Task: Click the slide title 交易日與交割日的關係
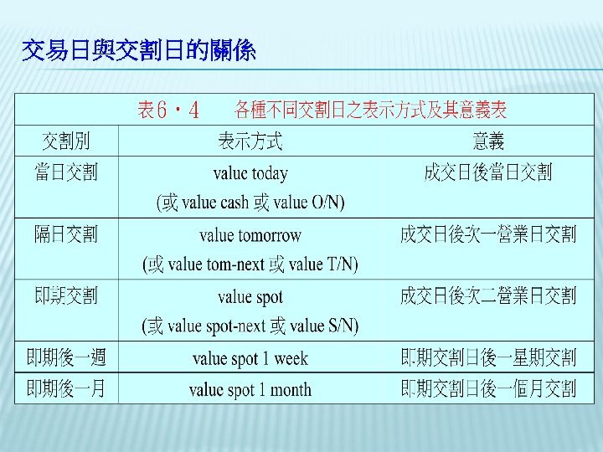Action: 139,52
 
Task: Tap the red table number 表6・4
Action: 168,110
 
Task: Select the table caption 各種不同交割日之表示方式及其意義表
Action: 370,110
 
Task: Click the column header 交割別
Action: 66,141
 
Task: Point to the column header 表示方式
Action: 250,141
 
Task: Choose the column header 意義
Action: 488,141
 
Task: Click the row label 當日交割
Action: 66,172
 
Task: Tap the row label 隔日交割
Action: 66,234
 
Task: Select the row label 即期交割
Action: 66,295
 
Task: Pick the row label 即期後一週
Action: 66,358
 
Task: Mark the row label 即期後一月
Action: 66,388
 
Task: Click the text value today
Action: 250,173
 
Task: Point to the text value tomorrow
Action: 250,235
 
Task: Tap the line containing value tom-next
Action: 250,265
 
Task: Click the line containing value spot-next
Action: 250,326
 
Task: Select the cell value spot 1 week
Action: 250,359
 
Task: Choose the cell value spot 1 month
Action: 250,389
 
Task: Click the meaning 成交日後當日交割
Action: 488,172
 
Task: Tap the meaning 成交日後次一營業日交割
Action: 488,234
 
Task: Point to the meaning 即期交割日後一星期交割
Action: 488,358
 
